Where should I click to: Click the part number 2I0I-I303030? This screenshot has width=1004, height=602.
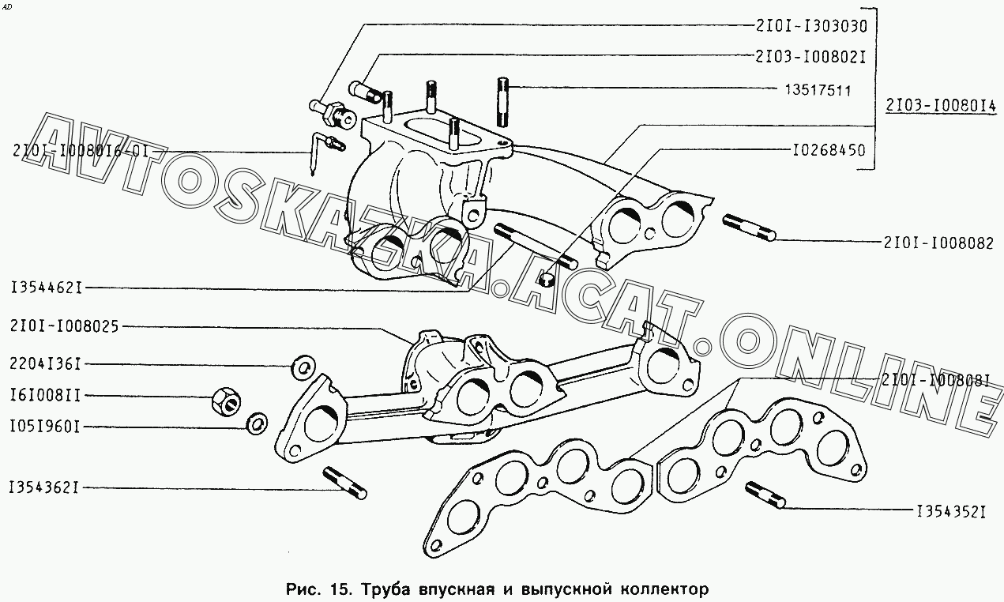(x=811, y=26)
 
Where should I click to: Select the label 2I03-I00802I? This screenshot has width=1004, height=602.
(x=810, y=58)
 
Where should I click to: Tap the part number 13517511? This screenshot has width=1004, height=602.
(x=818, y=91)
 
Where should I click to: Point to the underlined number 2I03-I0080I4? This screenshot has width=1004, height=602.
(x=941, y=106)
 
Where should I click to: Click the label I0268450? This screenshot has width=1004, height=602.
(x=829, y=150)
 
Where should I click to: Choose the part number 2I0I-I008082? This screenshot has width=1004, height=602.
(x=938, y=243)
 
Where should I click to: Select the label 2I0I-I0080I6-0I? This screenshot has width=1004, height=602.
(x=81, y=151)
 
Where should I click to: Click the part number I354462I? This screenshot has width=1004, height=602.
(x=47, y=288)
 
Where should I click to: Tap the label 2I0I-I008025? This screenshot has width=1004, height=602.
(x=65, y=326)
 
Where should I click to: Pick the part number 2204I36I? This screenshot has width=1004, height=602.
(x=45, y=364)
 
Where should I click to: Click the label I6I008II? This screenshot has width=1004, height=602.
(x=45, y=396)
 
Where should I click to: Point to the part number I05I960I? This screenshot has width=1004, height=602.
(x=45, y=427)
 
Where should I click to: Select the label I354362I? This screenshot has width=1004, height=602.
(x=44, y=487)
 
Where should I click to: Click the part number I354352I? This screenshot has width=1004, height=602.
(x=950, y=512)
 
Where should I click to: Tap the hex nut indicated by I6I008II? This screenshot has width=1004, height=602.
(x=226, y=401)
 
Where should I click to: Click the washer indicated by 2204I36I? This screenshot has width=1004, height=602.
(x=303, y=367)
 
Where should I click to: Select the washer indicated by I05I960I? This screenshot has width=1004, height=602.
(x=258, y=423)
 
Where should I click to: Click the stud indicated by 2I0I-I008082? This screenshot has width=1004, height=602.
(x=749, y=228)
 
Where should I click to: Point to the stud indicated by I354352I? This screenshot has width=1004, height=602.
(x=765, y=495)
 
